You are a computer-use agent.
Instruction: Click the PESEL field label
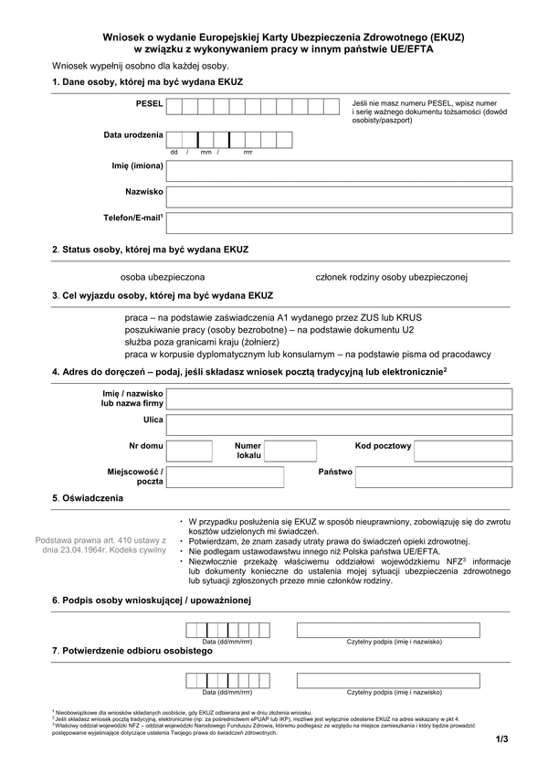point(149,105)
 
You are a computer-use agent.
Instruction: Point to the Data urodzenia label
point(133,135)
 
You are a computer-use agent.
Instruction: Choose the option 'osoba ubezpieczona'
point(163,276)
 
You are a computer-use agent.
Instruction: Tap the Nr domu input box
point(190,450)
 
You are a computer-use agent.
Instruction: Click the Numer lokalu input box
point(290,450)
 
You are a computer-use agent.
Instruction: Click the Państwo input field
point(435,476)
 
